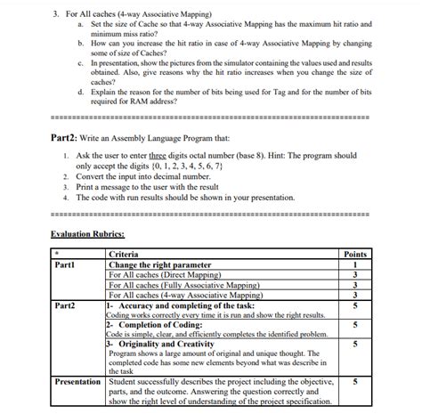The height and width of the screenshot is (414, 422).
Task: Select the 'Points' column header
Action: coord(354,255)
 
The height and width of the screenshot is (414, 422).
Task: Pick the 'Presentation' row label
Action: coord(77,382)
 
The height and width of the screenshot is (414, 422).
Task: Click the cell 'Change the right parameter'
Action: coord(159,264)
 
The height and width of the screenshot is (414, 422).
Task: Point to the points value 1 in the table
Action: coord(354,264)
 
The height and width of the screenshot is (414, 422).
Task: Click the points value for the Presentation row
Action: coord(354,382)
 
